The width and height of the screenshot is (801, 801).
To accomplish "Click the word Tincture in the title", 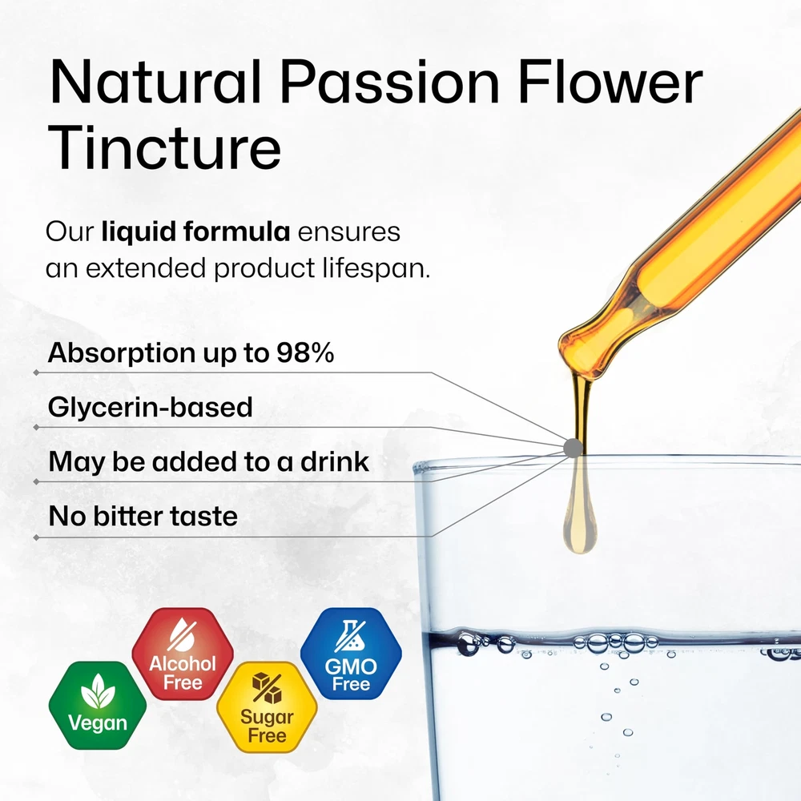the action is pyautogui.click(x=164, y=147).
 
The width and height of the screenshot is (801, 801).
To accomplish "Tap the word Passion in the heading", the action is pyautogui.click(x=389, y=82).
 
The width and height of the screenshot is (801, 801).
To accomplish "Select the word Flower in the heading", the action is pyautogui.click(x=610, y=81).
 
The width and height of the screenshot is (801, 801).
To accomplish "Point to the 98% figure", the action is pyautogui.click(x=305, y=352).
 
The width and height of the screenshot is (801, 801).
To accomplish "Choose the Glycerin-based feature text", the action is pyautogui.click(x=151, y=407).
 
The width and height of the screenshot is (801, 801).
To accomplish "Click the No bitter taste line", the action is pyautogui.click(x=143, y=516).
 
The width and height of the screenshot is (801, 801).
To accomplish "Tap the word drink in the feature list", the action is pyautogui.click(x=335, y=461).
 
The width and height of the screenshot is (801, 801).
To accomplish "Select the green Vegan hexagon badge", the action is pyautogui.click(x=98, y=706).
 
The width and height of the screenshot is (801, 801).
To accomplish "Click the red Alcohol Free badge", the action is pyautogui.click(x=183, y=654).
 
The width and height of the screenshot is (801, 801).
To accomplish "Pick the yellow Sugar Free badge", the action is pyautogui.click(x=267, y=707).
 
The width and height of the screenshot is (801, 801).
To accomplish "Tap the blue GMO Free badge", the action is pyautogui.click(x=351, y=654).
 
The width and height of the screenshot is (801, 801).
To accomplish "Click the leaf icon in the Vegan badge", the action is pyautogui.click(x=98, y=691).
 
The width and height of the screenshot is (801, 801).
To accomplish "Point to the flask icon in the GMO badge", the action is pyautogui.click(x=351, y=636).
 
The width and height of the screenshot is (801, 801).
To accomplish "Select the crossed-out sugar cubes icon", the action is pyautogui.click(x=267, y=687).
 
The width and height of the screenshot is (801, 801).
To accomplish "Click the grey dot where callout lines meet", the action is pyautogui.click(x=574, y=448).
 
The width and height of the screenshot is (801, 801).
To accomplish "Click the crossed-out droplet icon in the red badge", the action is pyautogui.click(x=182, y=634).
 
